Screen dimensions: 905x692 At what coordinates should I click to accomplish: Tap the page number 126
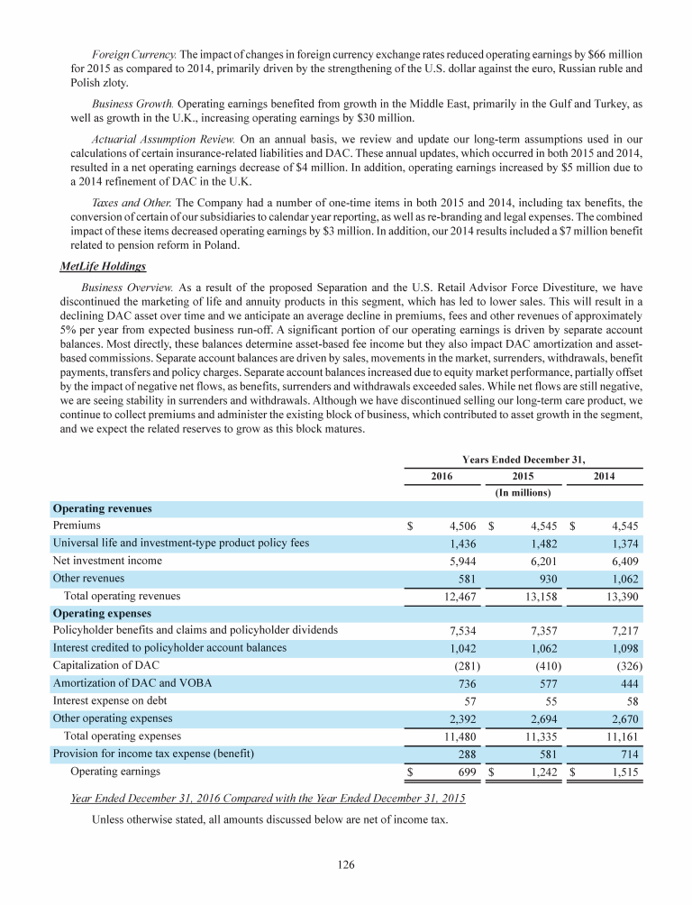click(x=346, y=865)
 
